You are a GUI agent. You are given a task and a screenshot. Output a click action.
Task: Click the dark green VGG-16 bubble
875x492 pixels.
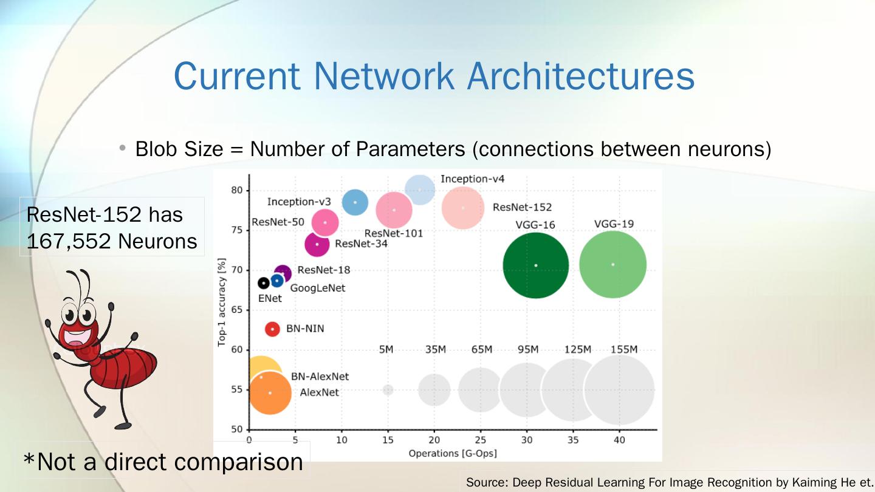pos(535,265)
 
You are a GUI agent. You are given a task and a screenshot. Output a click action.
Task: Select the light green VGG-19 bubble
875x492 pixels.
pos(612,265)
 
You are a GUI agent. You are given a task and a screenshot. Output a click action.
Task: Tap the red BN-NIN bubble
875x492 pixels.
pos(272,329)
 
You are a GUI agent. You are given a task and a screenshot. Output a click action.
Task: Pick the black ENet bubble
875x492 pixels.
pos(264,283)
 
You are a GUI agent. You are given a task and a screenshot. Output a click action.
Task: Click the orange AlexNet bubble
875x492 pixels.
pos(270,393)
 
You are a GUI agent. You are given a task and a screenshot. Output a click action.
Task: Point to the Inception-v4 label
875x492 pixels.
pos(472,179)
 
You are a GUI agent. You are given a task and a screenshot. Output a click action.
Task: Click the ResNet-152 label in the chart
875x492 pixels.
pos(522,207)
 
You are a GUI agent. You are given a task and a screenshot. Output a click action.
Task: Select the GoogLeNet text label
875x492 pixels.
pos(317,288)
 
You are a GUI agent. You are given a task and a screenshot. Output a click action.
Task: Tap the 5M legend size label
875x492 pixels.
pos(386,349)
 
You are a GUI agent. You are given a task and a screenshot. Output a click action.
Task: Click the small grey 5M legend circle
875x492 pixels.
pos(388,390)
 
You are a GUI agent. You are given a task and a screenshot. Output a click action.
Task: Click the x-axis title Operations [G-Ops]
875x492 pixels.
pos(453,453)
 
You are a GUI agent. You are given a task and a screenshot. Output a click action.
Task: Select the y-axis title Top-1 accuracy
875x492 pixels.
pos(222,302)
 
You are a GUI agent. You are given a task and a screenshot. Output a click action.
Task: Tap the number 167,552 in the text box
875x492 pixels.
pos(67,242)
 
